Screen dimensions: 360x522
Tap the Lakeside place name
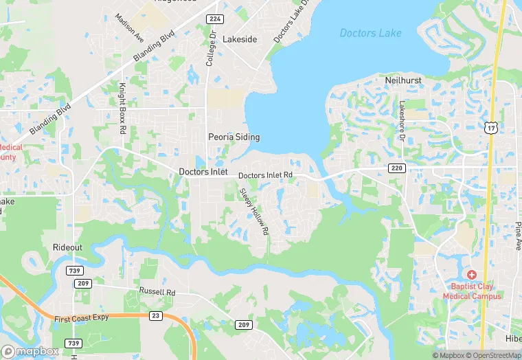(240, 39)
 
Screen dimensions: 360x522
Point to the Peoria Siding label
(234, 137)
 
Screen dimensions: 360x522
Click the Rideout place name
(67, 247)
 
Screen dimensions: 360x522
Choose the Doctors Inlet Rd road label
(266, 176)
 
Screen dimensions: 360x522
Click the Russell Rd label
(157, 292)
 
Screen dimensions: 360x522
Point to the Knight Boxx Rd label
(122, 109)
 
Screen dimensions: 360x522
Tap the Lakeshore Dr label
(402, 117)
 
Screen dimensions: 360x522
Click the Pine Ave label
(517, 236)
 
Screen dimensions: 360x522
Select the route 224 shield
(214, 19)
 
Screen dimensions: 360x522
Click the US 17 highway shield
(490, 127)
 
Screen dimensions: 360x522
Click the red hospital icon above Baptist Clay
(472, 274)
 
